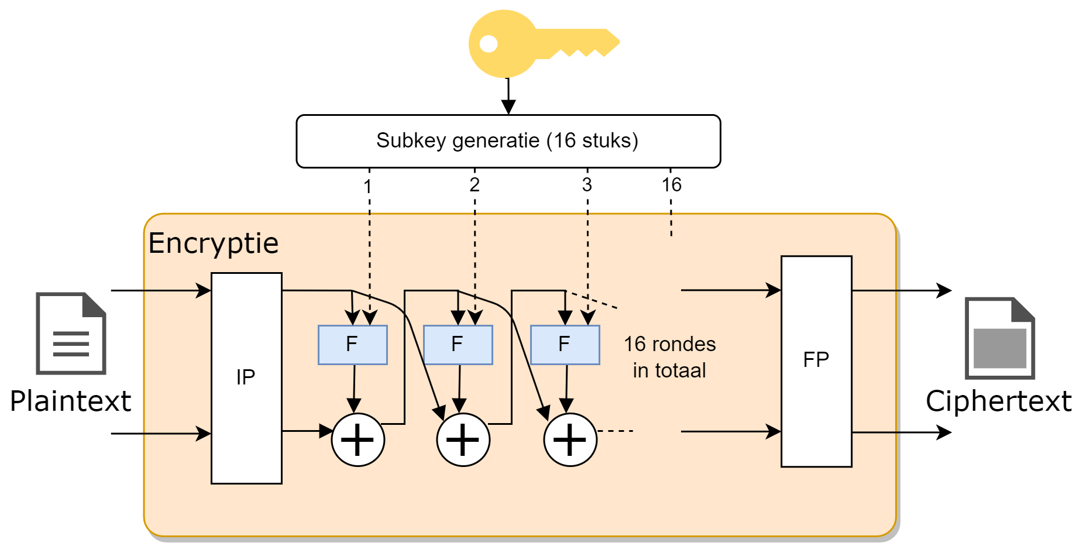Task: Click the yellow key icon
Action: (527, 44)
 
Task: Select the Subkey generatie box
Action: (508, 141)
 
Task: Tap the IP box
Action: (246, 378)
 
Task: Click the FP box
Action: (816, 360)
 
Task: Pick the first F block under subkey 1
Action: (352, 345)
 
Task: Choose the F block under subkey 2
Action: (458, 345)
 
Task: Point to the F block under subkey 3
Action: (565, 345)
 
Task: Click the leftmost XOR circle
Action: (357, 439)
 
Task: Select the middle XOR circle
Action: (463, 439)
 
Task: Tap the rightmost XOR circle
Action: (570, 439)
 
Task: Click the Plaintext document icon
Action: (71, 333)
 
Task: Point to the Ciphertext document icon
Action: (999, 338)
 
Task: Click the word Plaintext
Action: (70, 401)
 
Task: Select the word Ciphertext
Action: (998, 401)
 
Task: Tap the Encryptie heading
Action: (214, 243)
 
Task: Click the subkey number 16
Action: (671, 185)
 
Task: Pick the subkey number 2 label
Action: (475, 185)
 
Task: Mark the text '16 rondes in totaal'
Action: (669, 357)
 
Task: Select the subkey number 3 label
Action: (587, 185)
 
